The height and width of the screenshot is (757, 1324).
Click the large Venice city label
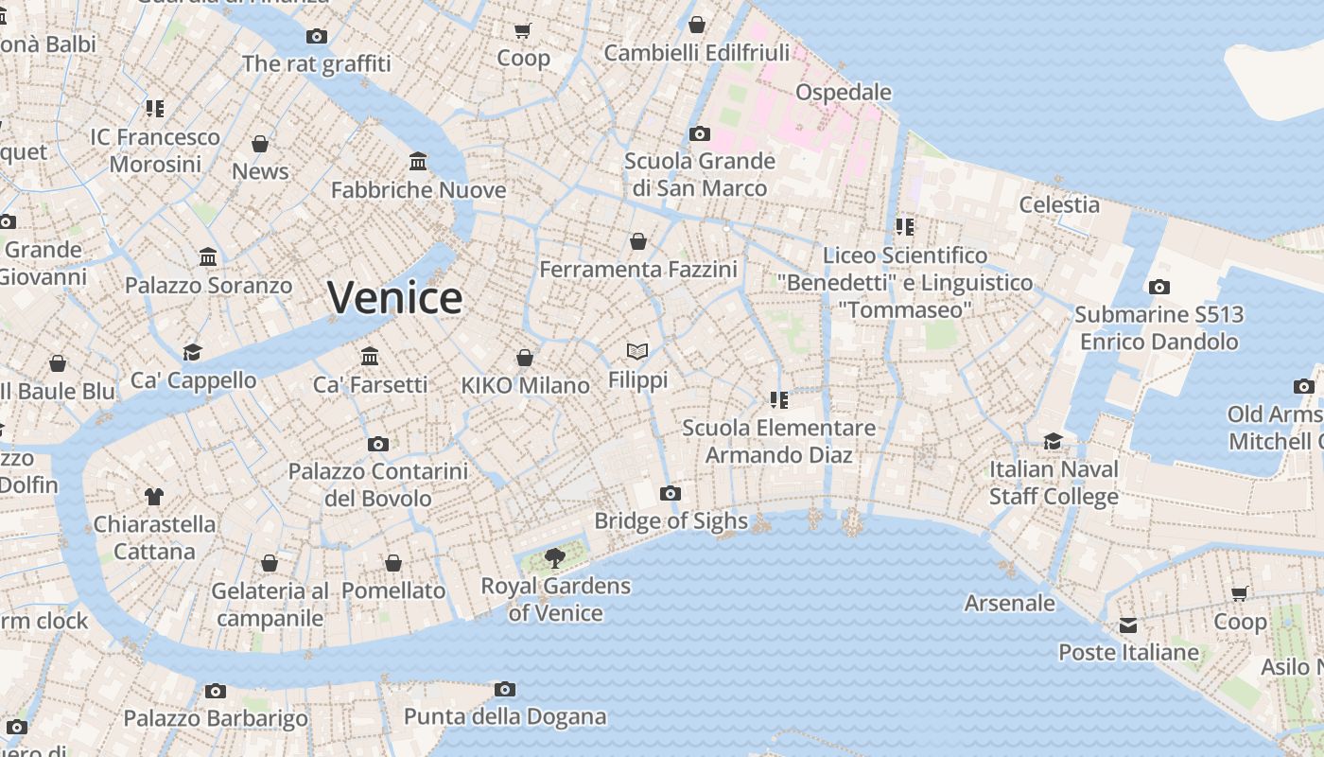[x=395, y=298]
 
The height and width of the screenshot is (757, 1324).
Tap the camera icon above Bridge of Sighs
[x=671, y=493]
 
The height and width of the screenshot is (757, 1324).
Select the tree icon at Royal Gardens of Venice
[x=555, y=558]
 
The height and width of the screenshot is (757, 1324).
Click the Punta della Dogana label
[x=505, y=716]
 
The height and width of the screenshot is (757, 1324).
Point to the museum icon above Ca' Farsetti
[x=370, y=357]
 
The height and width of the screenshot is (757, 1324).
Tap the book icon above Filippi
[x=637, y=352]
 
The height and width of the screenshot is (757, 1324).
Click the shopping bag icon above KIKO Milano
[x=525, y=358]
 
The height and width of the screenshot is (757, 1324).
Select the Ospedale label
[x=844, y=92]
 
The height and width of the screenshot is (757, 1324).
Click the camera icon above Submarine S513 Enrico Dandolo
[x=1159, y=287]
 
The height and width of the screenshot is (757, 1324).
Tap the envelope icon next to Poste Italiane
[x=1128, y=625]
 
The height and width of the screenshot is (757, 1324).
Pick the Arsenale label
[x=1009, y=603]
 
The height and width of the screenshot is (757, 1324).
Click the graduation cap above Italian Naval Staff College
[x=1053, y=441]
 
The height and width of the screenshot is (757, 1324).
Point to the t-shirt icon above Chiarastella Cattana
[x=154, y=496]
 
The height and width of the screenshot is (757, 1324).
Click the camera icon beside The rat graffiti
[x=317, y=37]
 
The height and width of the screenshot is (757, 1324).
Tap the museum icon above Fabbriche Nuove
[x=418, y=162]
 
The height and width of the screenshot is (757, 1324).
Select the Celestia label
[x=1059, y=204]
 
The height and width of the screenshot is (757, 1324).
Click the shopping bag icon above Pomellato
[x=393, y=563]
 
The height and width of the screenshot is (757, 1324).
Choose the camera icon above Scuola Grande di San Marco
[x=700, y=133]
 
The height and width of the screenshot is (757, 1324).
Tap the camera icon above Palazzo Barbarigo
[x=216, y=691]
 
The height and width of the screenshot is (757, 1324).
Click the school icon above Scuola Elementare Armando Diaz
[x=779, y=400]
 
